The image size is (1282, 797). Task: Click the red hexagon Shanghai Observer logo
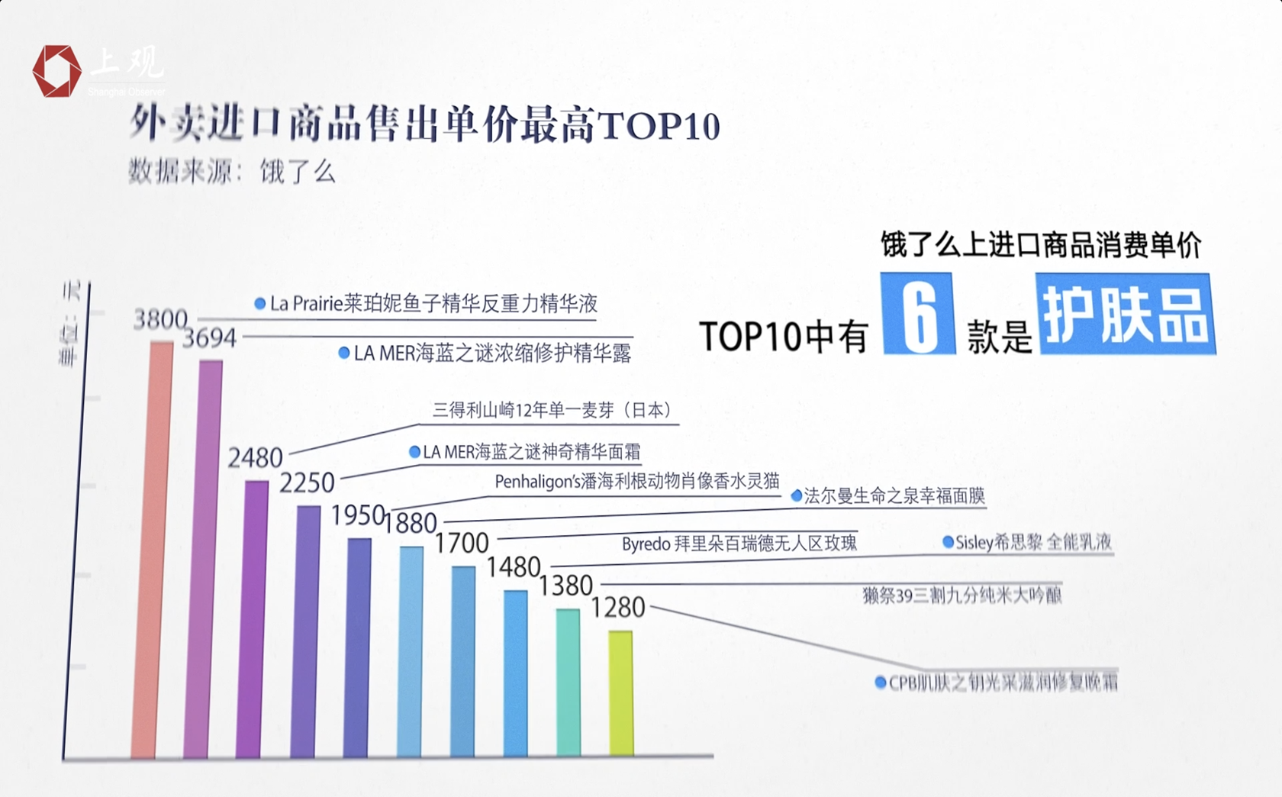coord(56,71)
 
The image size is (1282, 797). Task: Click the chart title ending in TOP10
coord(424,124)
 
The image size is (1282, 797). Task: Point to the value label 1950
coord(357,516)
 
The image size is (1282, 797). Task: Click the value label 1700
coord(462,544)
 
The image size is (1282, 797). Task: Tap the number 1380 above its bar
coord(565,586)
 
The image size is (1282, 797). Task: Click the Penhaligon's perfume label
coord(637,482)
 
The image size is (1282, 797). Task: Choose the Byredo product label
coord(739,544)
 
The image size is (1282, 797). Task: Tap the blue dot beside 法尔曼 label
coord(797,496)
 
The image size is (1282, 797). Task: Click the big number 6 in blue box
coord(919,314)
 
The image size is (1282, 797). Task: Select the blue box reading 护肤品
coord(1125,314)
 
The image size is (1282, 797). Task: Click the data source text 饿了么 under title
coord(298,172)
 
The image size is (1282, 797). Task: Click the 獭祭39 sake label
coord(961,595)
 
